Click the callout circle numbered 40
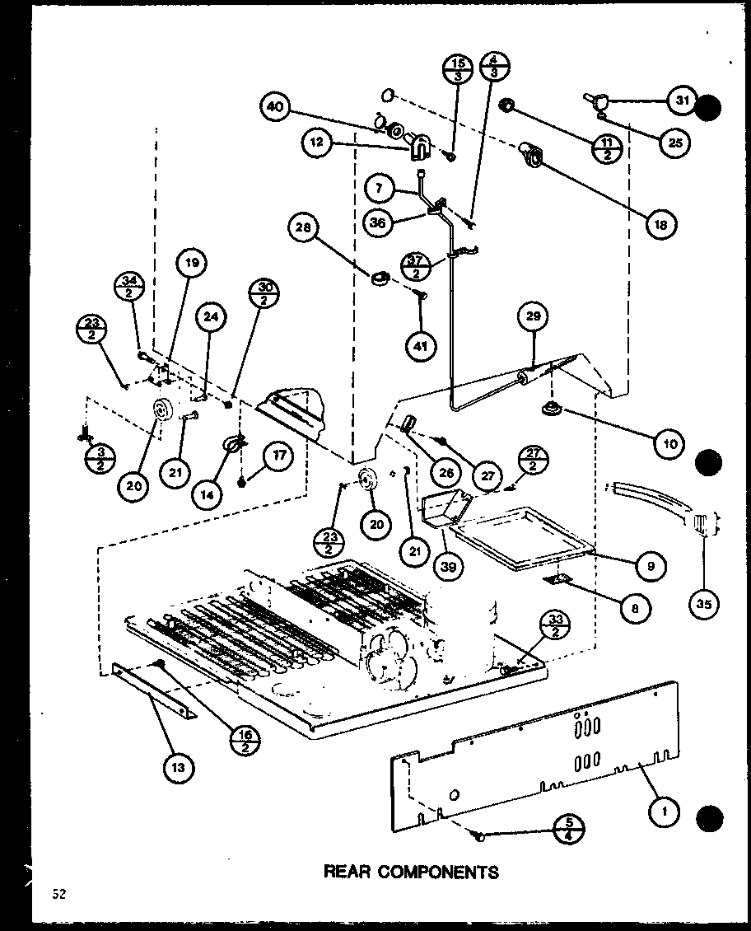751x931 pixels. click(x=277, y=107)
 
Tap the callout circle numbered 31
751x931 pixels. click(x=680, y=101)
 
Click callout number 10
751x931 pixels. click(x=669, y=445)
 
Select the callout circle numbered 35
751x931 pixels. click(x=704, y=604)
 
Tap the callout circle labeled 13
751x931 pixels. click(x=179, y=768)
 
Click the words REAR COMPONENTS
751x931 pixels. click(x=412, y=871)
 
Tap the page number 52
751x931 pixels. click(x=57, y=895)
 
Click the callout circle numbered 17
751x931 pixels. click(x=277, y=456)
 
